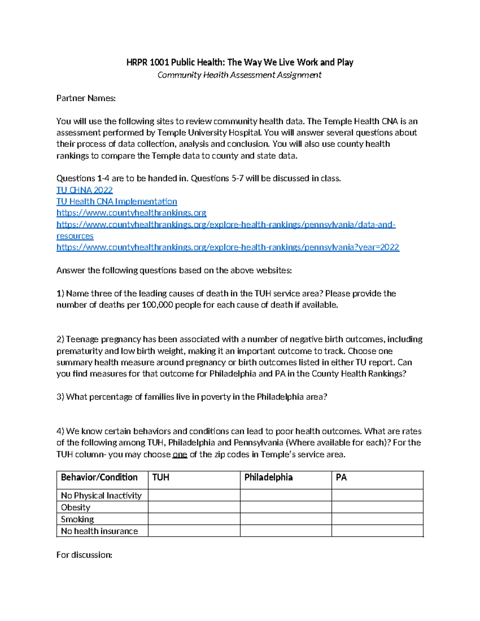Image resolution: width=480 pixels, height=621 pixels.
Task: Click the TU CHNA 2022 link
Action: (84, 190)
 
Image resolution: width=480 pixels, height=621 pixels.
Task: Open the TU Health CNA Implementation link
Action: (116, 202)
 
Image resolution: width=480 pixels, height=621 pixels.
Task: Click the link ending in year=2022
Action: (228, 248)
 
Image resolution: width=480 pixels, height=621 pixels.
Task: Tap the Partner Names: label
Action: (86, 98)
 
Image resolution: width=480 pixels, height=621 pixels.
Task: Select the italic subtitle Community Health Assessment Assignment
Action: (239, 75)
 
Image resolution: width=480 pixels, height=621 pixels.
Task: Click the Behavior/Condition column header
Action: (99, 477)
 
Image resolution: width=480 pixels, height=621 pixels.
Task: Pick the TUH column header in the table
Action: (161, 477)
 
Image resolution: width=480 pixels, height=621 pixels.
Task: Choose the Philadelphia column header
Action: (268, 477)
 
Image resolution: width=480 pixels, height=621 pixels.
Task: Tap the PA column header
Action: (341, 477)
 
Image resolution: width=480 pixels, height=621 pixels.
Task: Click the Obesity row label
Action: (76, 507)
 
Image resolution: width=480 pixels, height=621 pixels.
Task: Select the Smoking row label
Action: (77, 519)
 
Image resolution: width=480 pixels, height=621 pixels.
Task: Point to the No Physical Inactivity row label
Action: (101, 496)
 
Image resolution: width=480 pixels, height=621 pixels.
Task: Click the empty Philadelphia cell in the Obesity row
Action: (286, 507)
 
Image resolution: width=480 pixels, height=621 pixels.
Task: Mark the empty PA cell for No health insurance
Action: (377, 531)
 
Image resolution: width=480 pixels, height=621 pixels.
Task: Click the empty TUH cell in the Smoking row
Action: (194, 519)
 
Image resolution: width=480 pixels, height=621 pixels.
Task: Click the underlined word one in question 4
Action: (180, 455)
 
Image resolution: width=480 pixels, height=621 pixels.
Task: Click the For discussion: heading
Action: (84, 555)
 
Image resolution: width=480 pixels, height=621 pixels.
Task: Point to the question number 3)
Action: (60, 397)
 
